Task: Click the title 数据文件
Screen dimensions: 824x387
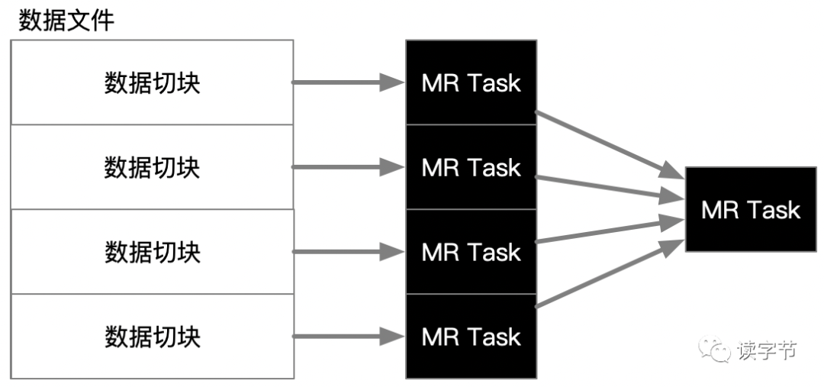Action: [x=66, y=21]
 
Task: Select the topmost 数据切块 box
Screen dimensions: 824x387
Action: [x=152, y=82]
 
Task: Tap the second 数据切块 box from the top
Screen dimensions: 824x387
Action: [x=152, y=167]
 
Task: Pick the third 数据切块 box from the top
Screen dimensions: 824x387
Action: [x=152, y=252]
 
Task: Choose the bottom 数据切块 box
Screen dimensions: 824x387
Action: [x=152, y=337]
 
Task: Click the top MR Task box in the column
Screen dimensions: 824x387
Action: [x=472, y=82]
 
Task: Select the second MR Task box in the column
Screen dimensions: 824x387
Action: [x=472, y=167]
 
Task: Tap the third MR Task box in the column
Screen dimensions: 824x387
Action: [x=472, y=252]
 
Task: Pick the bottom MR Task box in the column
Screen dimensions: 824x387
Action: [x=472, y=337]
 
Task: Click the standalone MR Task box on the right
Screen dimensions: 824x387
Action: [x=751, y=209]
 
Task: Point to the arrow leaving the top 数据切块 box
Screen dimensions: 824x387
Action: [x=348, y=82]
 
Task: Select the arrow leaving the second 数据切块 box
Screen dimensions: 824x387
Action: [x=348, y=167]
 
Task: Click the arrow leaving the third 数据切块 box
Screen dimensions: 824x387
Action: [x=348, y=252]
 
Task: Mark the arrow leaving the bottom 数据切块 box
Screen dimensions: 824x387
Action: [x=348, y=337]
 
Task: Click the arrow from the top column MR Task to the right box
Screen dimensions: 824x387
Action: [x=610, y=144]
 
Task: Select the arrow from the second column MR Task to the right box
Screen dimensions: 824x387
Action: [x=610, y=189]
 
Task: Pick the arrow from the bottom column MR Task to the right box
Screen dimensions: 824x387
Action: [x=610, y=274]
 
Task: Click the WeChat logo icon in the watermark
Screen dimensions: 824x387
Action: [x=714, y=350]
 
